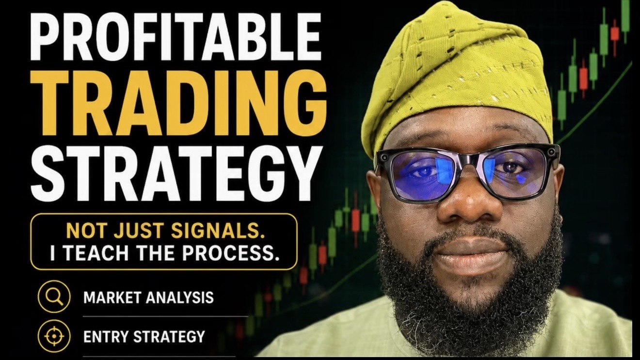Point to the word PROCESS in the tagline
coord(231,253)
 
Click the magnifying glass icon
coord(54,297)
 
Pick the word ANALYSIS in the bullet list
coord(180,297)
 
